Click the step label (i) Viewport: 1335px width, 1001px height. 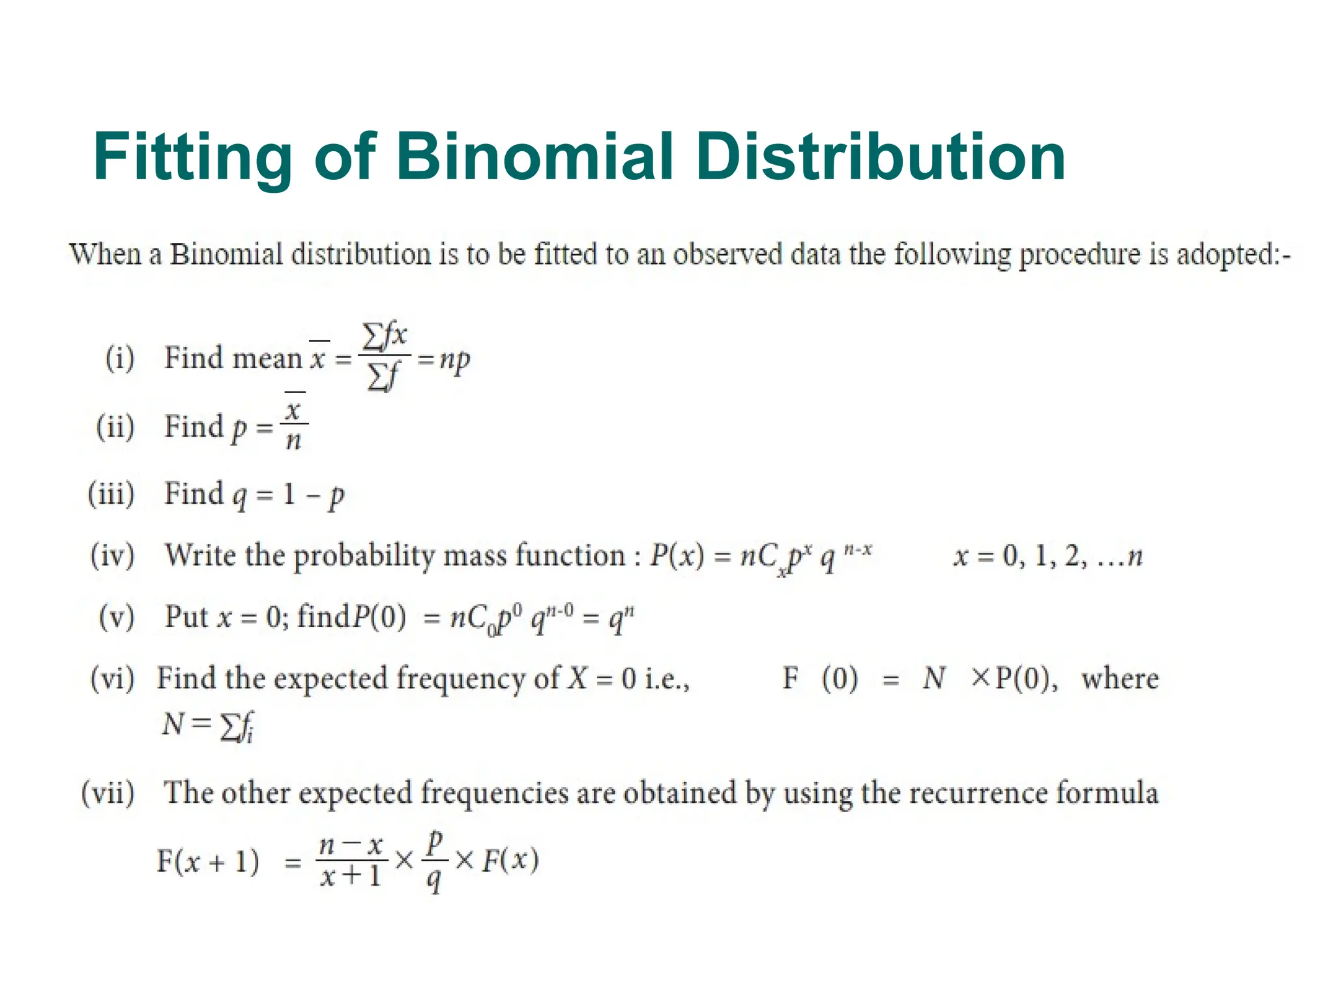coord(120,358)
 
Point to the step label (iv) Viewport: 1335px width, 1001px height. coord(112,555)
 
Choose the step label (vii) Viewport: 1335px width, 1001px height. coord(108,793)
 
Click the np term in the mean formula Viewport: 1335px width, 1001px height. coord(454,359)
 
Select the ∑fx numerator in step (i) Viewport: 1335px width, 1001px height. coord(385,336)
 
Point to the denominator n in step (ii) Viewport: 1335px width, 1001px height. coord(294,441)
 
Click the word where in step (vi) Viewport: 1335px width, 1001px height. coord(1120,679)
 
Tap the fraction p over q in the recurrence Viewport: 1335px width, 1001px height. coord(433,860)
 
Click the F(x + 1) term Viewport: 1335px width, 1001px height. coord(208,862)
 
